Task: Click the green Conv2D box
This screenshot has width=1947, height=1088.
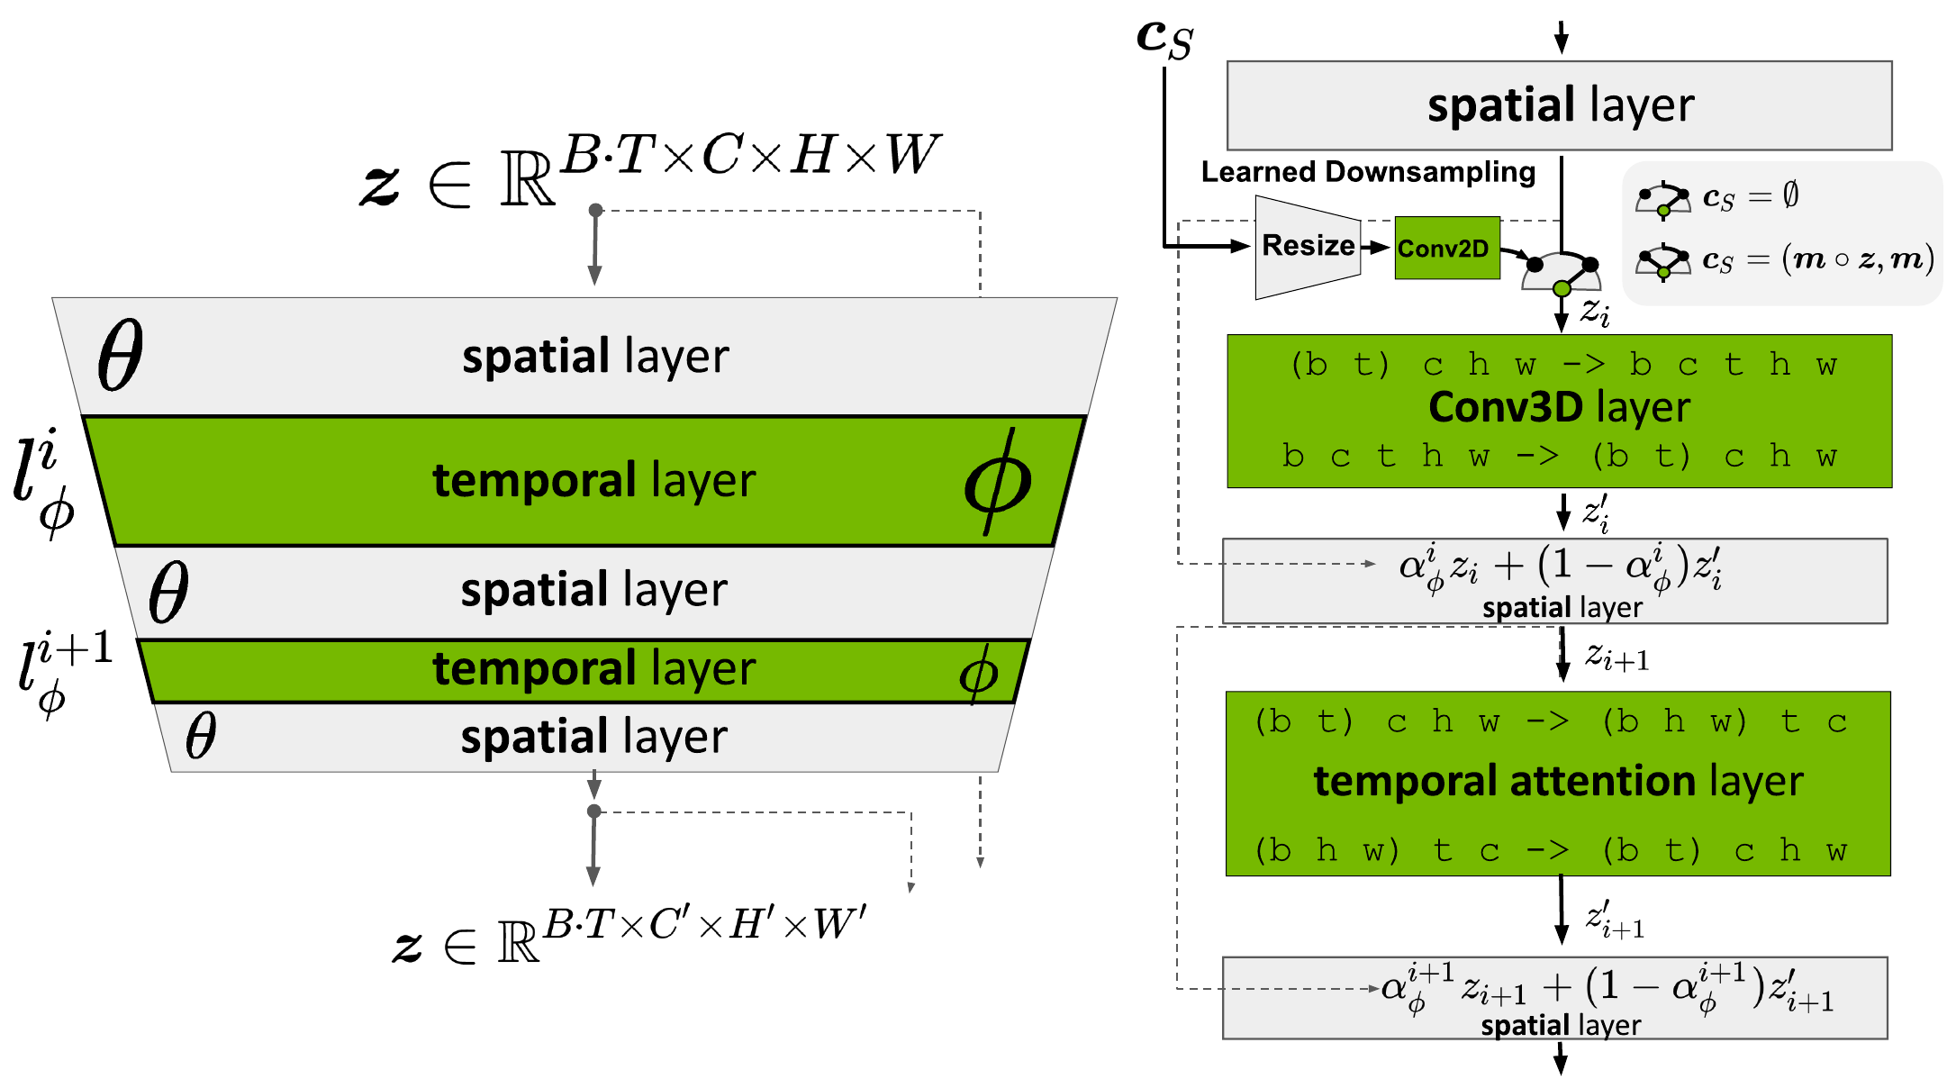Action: click(1446, 248)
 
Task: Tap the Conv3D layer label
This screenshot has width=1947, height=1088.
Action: click(1559, 407)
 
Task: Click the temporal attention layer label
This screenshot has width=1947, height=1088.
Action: click(1558, 781)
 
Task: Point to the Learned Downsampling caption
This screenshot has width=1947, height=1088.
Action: click(1368, 172)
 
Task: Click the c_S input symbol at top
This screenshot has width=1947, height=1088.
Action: click(1164, 38)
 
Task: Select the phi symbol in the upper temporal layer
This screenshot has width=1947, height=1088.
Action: click(997, 483)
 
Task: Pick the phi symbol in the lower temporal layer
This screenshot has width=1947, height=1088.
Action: click(978, 674)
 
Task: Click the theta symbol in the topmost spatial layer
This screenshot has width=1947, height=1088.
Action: click(120, 355)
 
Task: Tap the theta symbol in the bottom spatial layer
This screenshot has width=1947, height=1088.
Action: click(201, 736)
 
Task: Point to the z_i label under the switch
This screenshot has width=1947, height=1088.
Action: click(1595, 312)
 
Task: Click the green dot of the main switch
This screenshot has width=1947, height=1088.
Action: click(1562, 288)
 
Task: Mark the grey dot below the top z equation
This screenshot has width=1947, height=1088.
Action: click(595, 210)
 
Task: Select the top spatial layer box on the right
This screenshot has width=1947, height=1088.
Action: click(1559, 105)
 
